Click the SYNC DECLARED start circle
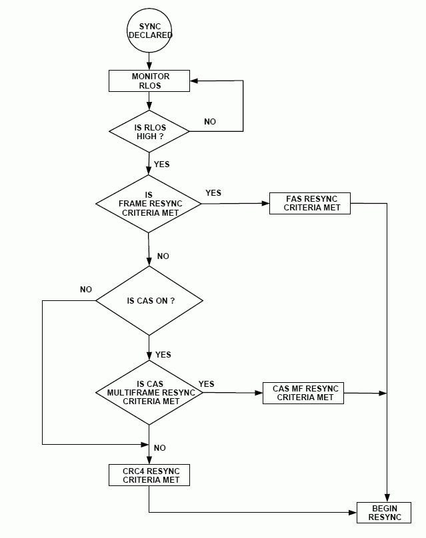(149, 30)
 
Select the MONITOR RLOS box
(149, 81)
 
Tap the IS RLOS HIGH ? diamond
(149, 131)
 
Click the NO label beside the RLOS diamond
(210, 122)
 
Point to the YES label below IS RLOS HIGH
(162, 164)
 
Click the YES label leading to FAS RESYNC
(213, 193)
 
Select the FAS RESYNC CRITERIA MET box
(310, 203)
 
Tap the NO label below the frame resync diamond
(163, 256)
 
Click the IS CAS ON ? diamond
(149, 301)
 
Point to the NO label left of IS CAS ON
(86, 290)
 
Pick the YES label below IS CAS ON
(163, 355)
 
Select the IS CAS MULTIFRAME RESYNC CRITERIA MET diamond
(149, 393)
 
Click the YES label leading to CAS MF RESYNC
(207, 384)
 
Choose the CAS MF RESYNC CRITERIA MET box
(303, 393)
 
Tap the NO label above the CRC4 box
(160, 448)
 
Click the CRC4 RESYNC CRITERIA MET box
(149, 475)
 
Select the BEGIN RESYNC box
(385, 512)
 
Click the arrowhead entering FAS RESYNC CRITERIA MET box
(265, 203)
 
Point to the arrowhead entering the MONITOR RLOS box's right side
(194, 81)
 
